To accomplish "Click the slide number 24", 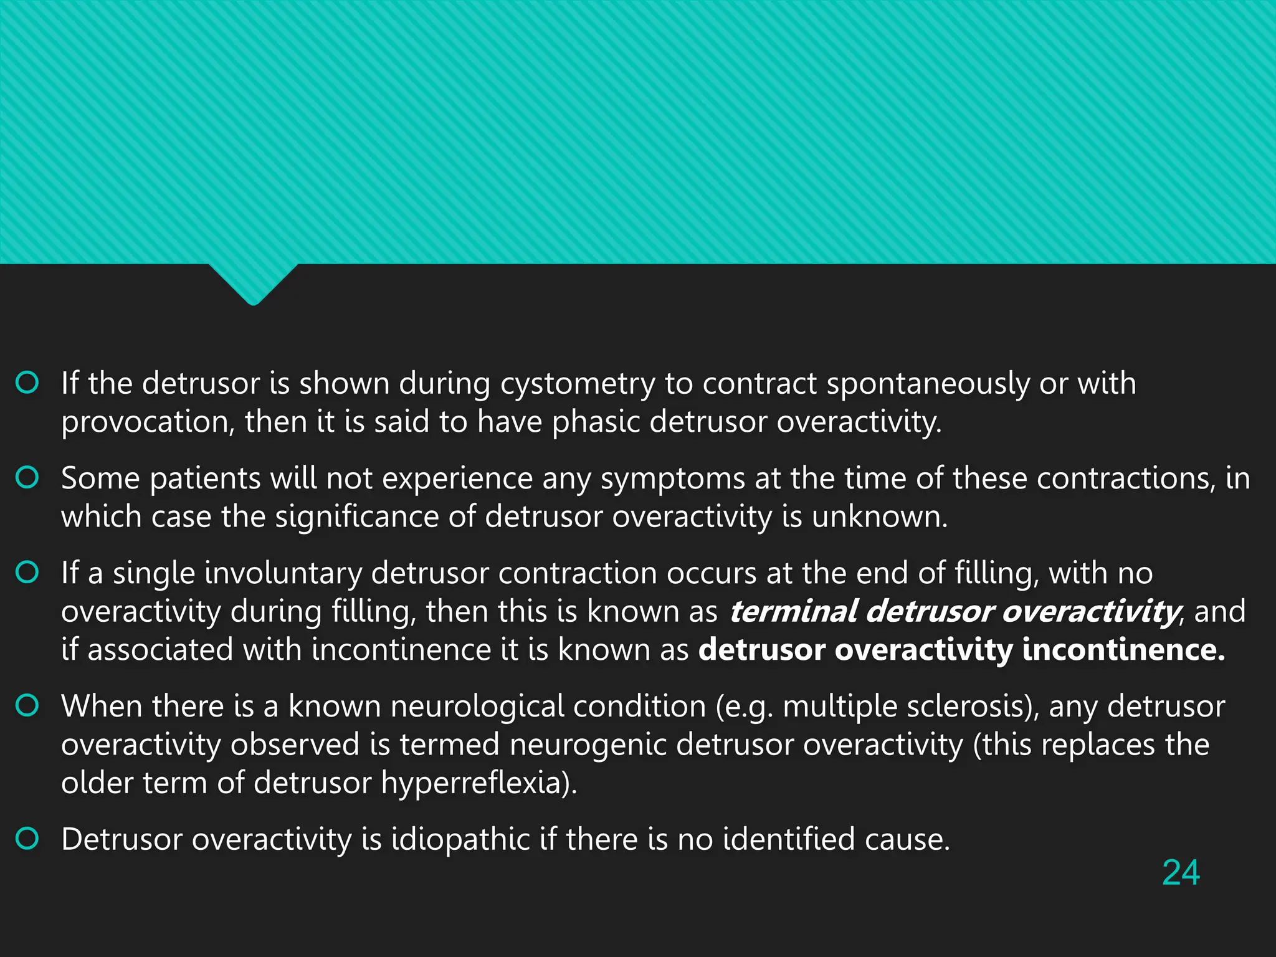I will [1181, 872].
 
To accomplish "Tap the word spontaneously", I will [928, 384].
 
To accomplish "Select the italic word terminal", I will [793, 612].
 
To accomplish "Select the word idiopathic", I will [460, 840].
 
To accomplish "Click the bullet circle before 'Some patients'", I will [27, 478].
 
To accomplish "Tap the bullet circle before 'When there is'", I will [27, 706].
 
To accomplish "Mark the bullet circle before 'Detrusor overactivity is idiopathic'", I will [27, 839].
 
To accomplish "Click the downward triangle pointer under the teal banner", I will [253, 283].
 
